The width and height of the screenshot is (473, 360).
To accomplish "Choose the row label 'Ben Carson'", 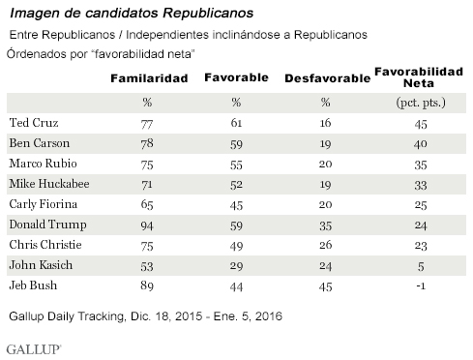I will pyautogui.click(x=44, y=143).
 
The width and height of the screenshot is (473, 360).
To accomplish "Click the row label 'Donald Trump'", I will pyautogui.click(x=49, y=222).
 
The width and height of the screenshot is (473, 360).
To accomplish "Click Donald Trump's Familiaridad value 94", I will pyautogui.click(x=149, y=222).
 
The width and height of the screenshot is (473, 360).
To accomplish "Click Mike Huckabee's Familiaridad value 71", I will pyautogui.click(x=149, y=183).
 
